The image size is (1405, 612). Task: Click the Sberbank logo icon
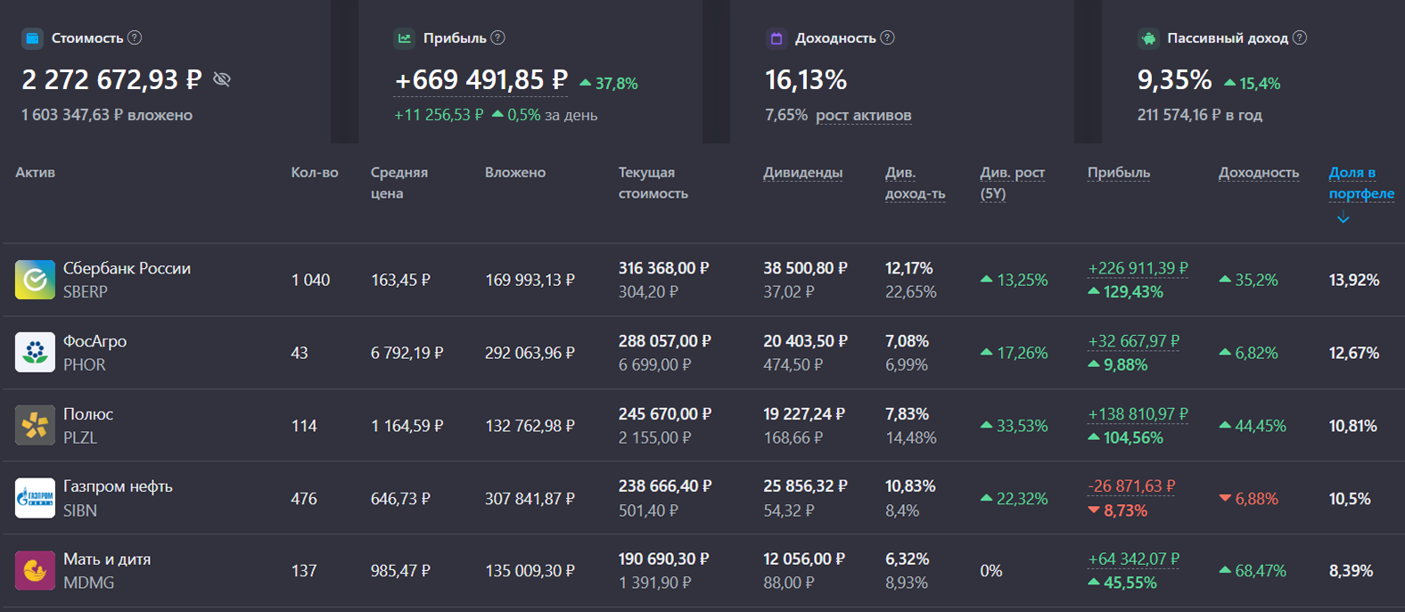[35, 280]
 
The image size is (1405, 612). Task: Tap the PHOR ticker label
[85, 365]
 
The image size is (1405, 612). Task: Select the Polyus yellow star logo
[35, 426]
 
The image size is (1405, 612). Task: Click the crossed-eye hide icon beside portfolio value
[222, 80]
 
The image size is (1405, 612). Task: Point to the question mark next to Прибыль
[498, 38]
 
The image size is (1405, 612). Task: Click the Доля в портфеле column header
[1360, 183]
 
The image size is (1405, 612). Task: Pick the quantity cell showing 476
[304, 499]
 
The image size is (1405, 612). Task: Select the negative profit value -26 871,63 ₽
[1131, 486]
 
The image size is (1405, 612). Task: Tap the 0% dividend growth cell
[991, 571]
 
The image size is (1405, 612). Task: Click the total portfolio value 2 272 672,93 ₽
[111, 80]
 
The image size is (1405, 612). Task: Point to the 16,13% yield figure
[806, 80]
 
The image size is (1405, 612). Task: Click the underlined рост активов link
[863, 115]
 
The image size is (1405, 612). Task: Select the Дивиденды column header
[802, 173]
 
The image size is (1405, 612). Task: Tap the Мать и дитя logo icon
[35, 571]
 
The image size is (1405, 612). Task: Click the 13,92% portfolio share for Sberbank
[1353, 280]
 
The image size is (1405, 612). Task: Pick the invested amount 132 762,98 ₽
[530, 426]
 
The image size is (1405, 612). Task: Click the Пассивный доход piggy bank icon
[1148, 38]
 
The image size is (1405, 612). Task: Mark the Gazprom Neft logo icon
[35, 499]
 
